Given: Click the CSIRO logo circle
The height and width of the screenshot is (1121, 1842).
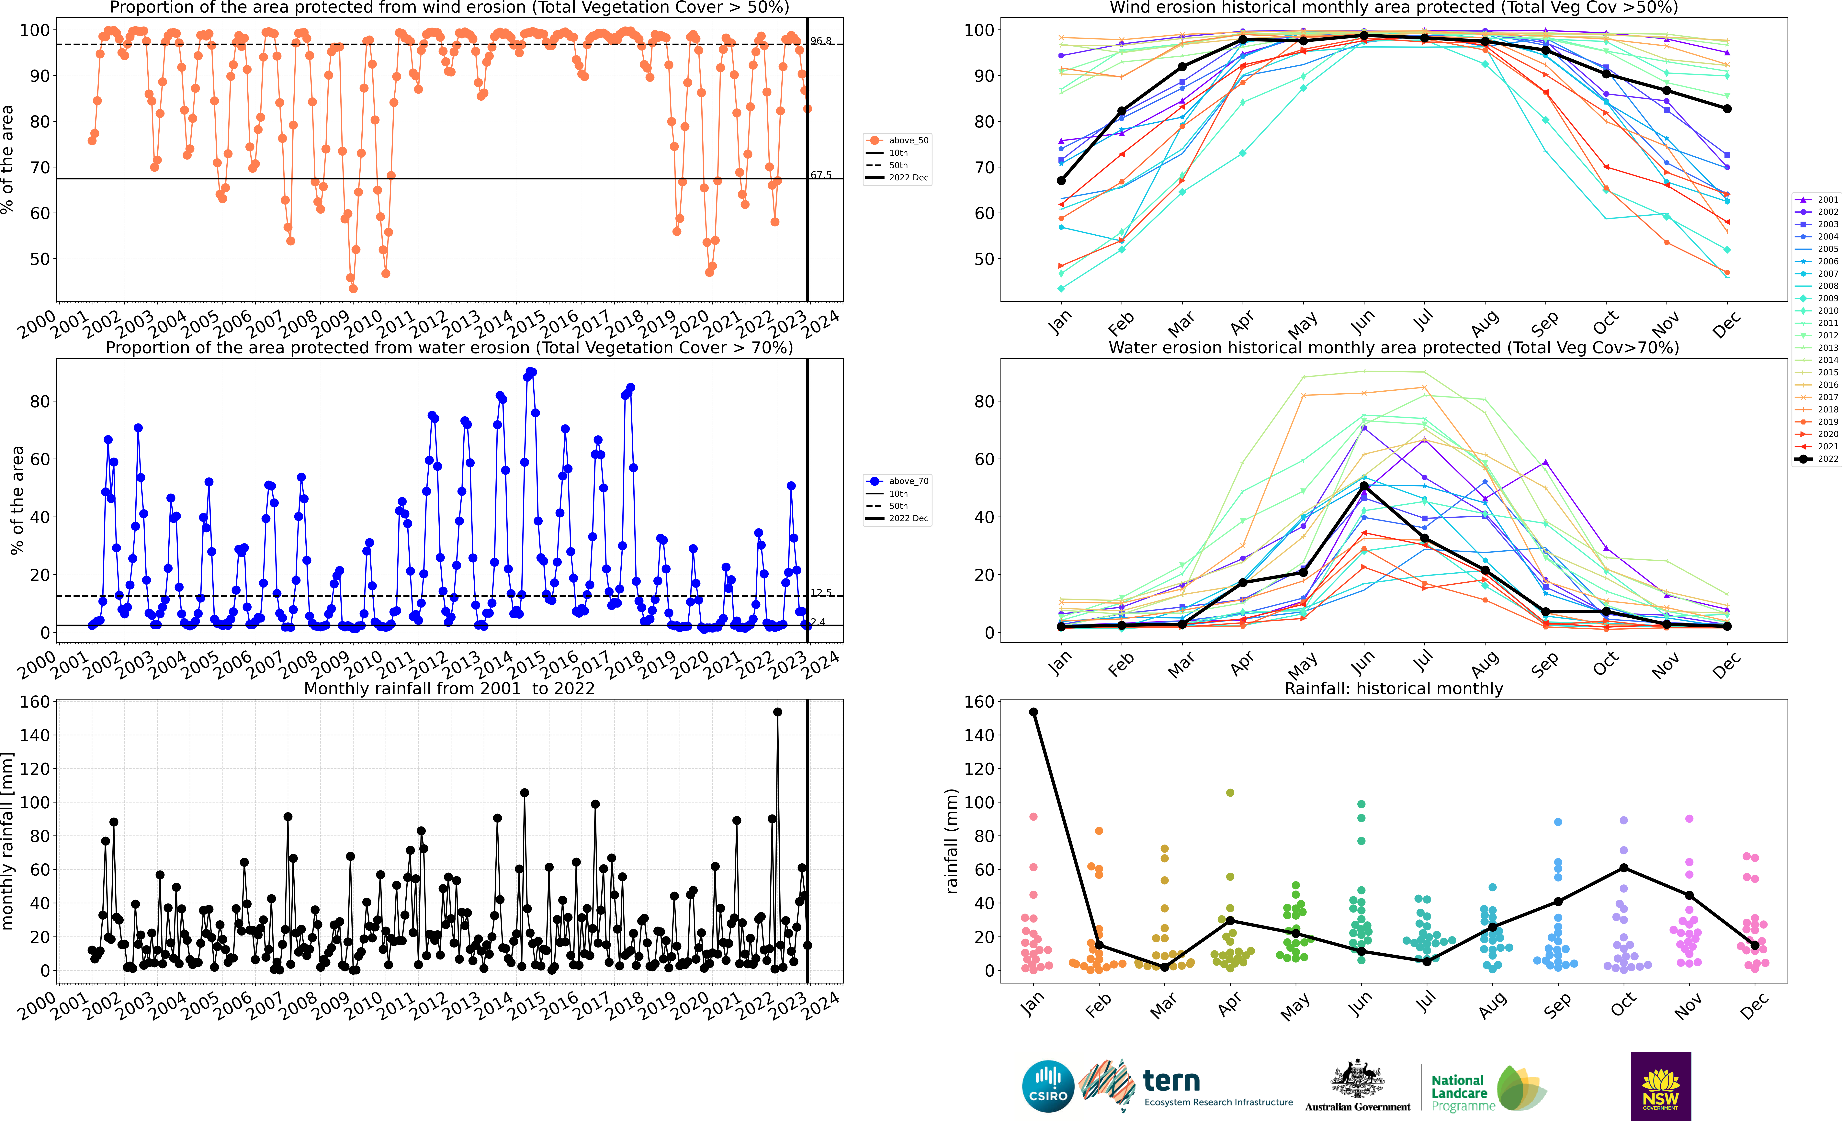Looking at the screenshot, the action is [x=1048, y=1086].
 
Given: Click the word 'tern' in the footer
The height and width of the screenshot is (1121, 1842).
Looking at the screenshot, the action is [x=1171, y=1081].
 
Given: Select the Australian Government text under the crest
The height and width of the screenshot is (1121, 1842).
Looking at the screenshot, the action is [x=1358, y=1107].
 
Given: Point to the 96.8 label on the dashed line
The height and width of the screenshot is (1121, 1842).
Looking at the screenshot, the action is [x=821, y=40].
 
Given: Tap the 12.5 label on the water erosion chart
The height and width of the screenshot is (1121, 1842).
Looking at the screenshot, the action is [x=821, y=593].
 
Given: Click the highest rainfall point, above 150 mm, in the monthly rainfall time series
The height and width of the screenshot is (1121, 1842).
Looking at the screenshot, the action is [x=777, y=712].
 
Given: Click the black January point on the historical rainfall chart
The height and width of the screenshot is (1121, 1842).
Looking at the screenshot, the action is [x=1034, y=712].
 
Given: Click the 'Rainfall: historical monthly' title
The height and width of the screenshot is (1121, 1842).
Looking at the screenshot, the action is [x=1394, y=688].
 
